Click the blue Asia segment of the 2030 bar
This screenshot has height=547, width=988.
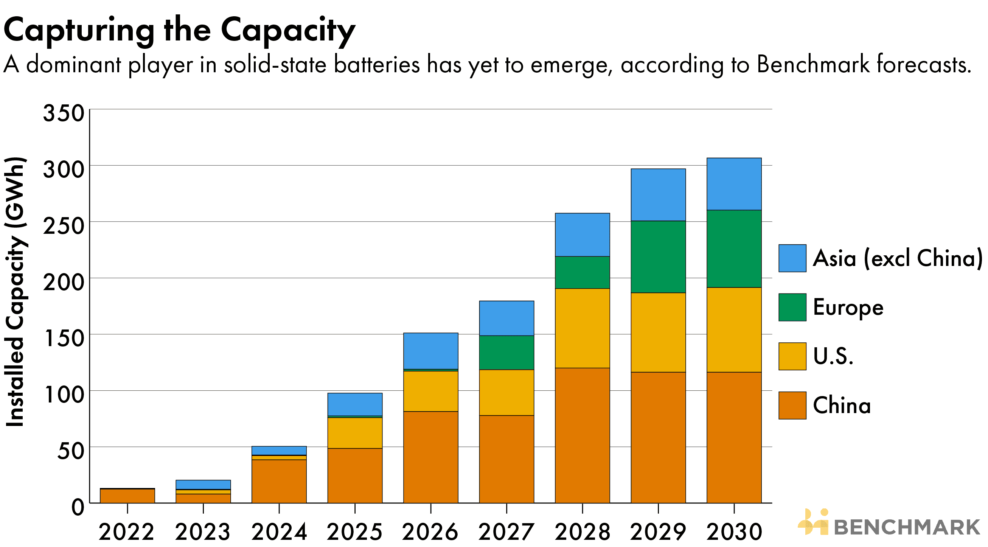[x=734, y=184]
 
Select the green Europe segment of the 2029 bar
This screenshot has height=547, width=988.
[x=658, y=256]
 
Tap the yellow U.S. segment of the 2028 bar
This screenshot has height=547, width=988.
[x=582, y=328]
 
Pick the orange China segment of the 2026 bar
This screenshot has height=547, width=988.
[x=430, y=457]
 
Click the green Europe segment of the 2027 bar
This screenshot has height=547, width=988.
[x=506, y=353]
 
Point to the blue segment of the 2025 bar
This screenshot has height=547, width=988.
[x=355, y=404]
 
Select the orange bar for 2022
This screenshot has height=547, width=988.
[x=127, y=496]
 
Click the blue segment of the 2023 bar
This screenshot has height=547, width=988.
[x=203, y=485]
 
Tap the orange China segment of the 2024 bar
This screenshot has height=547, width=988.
[x=279, y=481]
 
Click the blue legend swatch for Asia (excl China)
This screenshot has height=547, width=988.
[x=792, y=258]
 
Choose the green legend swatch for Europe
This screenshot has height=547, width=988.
[x=792, y=307]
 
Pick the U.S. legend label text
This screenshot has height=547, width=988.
[x=833, y=356]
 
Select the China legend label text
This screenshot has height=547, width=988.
[x=842, y=406]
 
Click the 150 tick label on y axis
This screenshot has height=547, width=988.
[x=64, y=338]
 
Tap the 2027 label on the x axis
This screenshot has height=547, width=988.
[x=506, y=531]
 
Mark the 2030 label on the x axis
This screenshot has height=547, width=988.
[x=734, y=531]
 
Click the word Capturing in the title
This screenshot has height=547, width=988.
[x=79, y=31]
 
